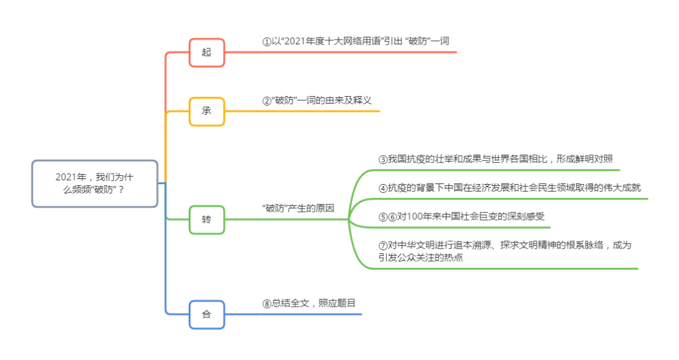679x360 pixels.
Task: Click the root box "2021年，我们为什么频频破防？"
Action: click(x=94, y=183)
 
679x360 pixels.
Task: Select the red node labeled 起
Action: click(x=206, y=52)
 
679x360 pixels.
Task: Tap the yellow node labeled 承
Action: click(x=206, y=111)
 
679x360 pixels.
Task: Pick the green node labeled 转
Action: click(x=206, y=219)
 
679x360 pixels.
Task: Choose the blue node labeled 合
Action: click(x=206, y=314)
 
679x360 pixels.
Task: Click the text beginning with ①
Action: click(x=356, y=41)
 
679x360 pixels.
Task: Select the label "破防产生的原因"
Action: click(x=298, y=208)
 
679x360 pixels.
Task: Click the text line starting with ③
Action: click(x=495, y=159)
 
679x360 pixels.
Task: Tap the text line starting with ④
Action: click(x=509, y=187)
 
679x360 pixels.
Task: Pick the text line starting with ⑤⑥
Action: click(x=461, y=217)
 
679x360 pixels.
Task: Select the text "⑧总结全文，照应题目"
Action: click(x=309, y=303)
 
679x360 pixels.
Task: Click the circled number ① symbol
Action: click(x=267, y=41)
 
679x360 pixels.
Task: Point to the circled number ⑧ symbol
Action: click(x=267, y=303)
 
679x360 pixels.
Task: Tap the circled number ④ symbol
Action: click(x=382, y=188)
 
